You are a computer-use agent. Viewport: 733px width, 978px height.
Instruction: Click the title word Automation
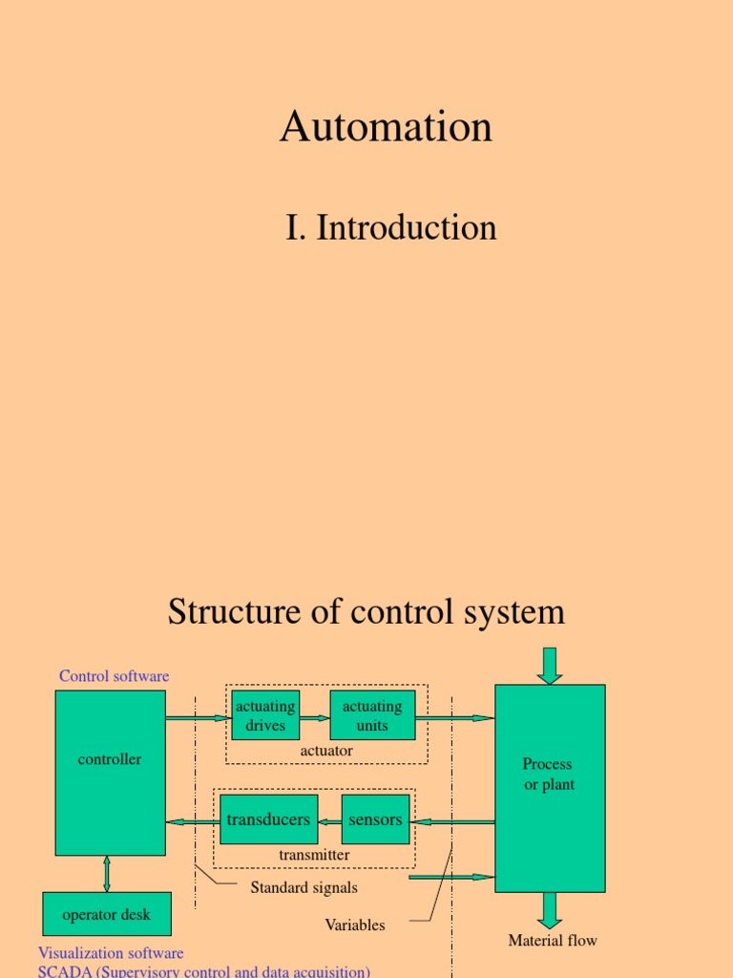coord(386,127)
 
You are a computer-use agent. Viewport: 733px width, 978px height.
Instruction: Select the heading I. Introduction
coord(390,228)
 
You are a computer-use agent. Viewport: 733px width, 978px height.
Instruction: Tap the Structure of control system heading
coord(366,612)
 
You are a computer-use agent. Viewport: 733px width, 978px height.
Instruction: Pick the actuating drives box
coord(265,715)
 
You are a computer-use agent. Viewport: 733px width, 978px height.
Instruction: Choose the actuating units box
coord(372,715)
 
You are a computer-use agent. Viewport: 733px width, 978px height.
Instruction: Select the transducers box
coord(268,819)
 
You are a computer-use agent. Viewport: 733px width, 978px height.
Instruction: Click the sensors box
coord(375,819)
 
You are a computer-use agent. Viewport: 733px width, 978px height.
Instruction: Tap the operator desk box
coord(107,914)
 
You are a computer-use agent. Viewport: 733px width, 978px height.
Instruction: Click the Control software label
coord(114,676)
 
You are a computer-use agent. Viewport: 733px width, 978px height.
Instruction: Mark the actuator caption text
coord(326,751)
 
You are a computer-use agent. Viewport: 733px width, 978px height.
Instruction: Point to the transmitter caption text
coord(314,855)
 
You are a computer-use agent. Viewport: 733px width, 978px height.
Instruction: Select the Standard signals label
coord(304,888)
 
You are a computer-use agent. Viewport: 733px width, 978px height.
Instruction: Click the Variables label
coord(355,925)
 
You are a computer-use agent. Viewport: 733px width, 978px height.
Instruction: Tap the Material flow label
coord(553,941)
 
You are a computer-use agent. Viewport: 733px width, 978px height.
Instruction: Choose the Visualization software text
coord(111,953)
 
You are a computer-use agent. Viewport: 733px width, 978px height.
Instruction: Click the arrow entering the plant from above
coord(550,665)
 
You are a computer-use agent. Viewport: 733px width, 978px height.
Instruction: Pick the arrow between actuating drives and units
coord(314,717)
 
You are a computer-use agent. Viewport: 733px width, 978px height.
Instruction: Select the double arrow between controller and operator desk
coord(106,874)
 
